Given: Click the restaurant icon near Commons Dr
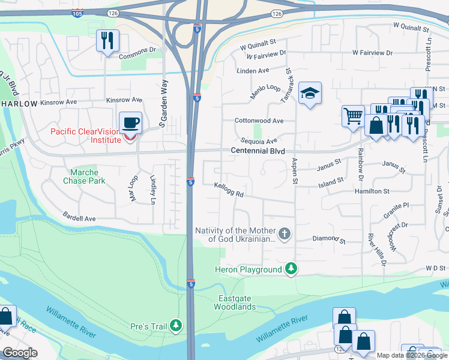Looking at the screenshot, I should pos(107,40).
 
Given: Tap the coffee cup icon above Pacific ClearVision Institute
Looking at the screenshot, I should pos(131,124).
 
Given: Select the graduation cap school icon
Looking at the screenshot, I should pos(310,94).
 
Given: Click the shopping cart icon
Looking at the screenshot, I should pos(353,116).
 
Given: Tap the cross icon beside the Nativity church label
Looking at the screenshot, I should pos(285,233).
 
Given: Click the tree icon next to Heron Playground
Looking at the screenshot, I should pos(291,269).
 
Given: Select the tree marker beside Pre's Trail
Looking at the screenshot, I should pos(176,326).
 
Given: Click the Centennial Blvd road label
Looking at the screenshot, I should pos(258,151).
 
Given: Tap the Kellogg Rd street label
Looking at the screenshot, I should pos(229,190).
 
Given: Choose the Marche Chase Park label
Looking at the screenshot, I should pos(84,176).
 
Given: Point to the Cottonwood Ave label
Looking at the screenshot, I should pos(259,121).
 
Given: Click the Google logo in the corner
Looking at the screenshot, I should pos(20,353).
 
